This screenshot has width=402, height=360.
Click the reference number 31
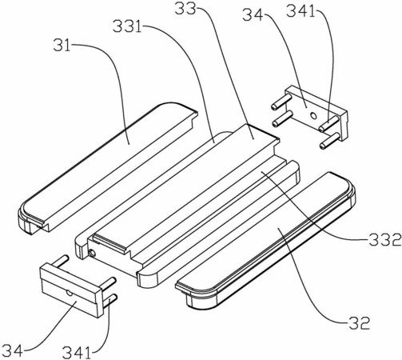(x=62, y=45)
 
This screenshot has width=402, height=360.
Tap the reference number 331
(x=127, y=26)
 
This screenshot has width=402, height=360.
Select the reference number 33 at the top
(x=185, y=9)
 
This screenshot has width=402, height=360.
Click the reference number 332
(x=385, y=239)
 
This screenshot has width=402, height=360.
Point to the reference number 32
(x=359, y=323)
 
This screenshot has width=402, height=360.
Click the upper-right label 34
(x=253, y=15)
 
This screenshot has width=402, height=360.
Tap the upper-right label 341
(x=301, y=11)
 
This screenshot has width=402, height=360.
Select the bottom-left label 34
(x=12, y=350)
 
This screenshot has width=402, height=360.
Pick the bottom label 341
(x=77, y=353)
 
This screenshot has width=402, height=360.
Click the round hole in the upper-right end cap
(x=314, y=115)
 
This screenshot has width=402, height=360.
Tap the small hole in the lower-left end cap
(x=70, y=293)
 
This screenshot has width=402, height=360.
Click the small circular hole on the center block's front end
(x=92, y=253)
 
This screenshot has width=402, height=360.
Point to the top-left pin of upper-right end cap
(x=279, y=102)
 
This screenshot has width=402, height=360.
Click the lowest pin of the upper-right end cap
(x=330, y=141)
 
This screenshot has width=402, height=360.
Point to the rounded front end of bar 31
(x=30, y=218)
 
